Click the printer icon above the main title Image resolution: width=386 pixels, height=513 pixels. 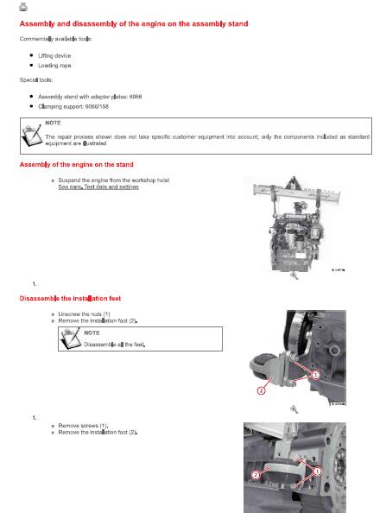[23, 7]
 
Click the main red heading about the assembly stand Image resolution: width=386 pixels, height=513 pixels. [134, 24]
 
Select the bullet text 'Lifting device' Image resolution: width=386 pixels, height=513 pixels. [54, 55]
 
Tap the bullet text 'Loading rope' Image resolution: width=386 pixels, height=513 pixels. [54, 66]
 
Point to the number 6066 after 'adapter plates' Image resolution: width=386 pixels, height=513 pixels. [136, 97]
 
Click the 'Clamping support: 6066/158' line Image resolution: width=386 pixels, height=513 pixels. [73, 106]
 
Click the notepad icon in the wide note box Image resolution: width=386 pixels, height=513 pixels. [32, 136]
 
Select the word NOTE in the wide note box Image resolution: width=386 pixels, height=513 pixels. [53, 123]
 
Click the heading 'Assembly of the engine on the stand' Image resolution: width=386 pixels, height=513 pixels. [77, 165]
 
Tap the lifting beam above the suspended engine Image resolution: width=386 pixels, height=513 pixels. [296, 193]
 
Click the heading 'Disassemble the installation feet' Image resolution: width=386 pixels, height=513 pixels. [70, 298]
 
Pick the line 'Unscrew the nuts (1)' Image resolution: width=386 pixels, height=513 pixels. [84, 314]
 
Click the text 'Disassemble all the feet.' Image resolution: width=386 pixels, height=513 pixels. [115, 345]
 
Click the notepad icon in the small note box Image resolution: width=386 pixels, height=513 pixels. [70, 339]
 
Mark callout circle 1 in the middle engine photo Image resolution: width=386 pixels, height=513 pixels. [315, 375]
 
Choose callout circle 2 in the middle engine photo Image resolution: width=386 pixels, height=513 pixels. [261, 390]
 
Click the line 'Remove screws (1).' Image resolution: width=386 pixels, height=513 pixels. [83, 426]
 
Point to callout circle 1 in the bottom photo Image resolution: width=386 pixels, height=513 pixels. [317, 472]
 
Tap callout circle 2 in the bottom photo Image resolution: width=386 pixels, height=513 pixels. [256, 475]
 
